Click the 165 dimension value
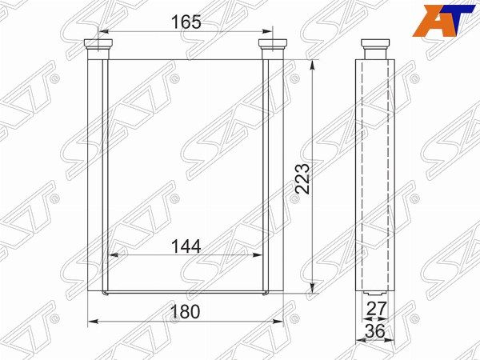pyautogui.click(x=186, y=22)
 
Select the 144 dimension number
pyautogui.click(x=186, y=246)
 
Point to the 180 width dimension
pyautogui.click(x=186, y=312)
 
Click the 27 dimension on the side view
pyautogui.click(x=377, y=309)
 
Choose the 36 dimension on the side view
pyautogui.click(x=375, y=331)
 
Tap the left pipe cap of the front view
pyautogui.click(x=98, y=44)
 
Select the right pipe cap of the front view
pyautogui.click(x=273, y=44)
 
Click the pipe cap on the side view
pyautogui.click(x=375, y=44)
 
